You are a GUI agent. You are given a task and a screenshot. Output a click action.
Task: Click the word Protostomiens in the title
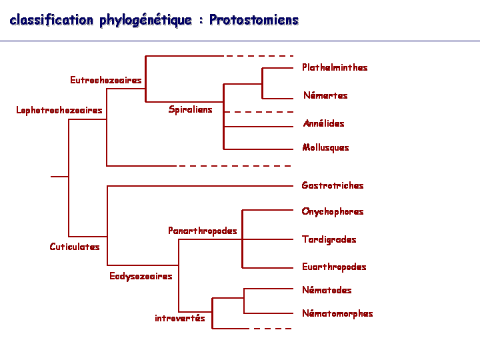pyautogui.click(x=254, y=20)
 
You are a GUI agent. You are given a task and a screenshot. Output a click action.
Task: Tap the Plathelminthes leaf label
pyautogui.click(x=335, y=67)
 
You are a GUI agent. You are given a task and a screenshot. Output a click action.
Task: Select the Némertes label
pyautogui.click(x=325, y=95)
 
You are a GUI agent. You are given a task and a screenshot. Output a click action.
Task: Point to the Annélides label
pyautogui.click(x=323, y=123)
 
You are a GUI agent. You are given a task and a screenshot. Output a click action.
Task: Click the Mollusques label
pyautogui.click(x=325, y=147)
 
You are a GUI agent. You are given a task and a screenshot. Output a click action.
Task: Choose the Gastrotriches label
pyautogui.click(x=333, y=185)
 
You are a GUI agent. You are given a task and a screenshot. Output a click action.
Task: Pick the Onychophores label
pyautogui.click(x=333, y=211)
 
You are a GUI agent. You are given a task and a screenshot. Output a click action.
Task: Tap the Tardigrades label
pyautogui.click(x=329, y=239)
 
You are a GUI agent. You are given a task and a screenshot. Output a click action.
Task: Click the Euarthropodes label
pyautogui.click(x=334, y=267)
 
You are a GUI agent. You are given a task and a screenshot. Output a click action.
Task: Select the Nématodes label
pyautogui.click(x=327, y=290)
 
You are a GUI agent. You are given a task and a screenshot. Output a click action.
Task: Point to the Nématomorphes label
pyautogui.click(x=337, y=313)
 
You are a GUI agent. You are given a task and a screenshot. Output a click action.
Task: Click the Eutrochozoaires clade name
pyautogui.click(x=105, y=80)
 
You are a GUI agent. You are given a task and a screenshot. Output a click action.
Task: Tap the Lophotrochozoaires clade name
pyautogui.click(x=59, y=110)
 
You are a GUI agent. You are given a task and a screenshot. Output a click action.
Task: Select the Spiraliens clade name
pyautogui.click(x=190, y=109)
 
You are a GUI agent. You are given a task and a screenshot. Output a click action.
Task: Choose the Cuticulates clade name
pyautogui.click(x=75, y=247)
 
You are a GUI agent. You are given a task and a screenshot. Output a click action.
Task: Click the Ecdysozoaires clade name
pyautogui.click(x=141, y=276)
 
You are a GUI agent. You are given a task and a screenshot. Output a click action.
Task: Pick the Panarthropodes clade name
pyautogui.click(x=203, y=231)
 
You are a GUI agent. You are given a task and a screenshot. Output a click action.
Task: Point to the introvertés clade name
pyautogui.click(x=180, y=318)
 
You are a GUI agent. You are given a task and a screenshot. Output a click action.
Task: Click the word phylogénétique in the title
pyautogui.click(x=146, y=21)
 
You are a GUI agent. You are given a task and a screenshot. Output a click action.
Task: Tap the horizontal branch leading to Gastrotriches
pyautogui.click(x=200, y=186)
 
